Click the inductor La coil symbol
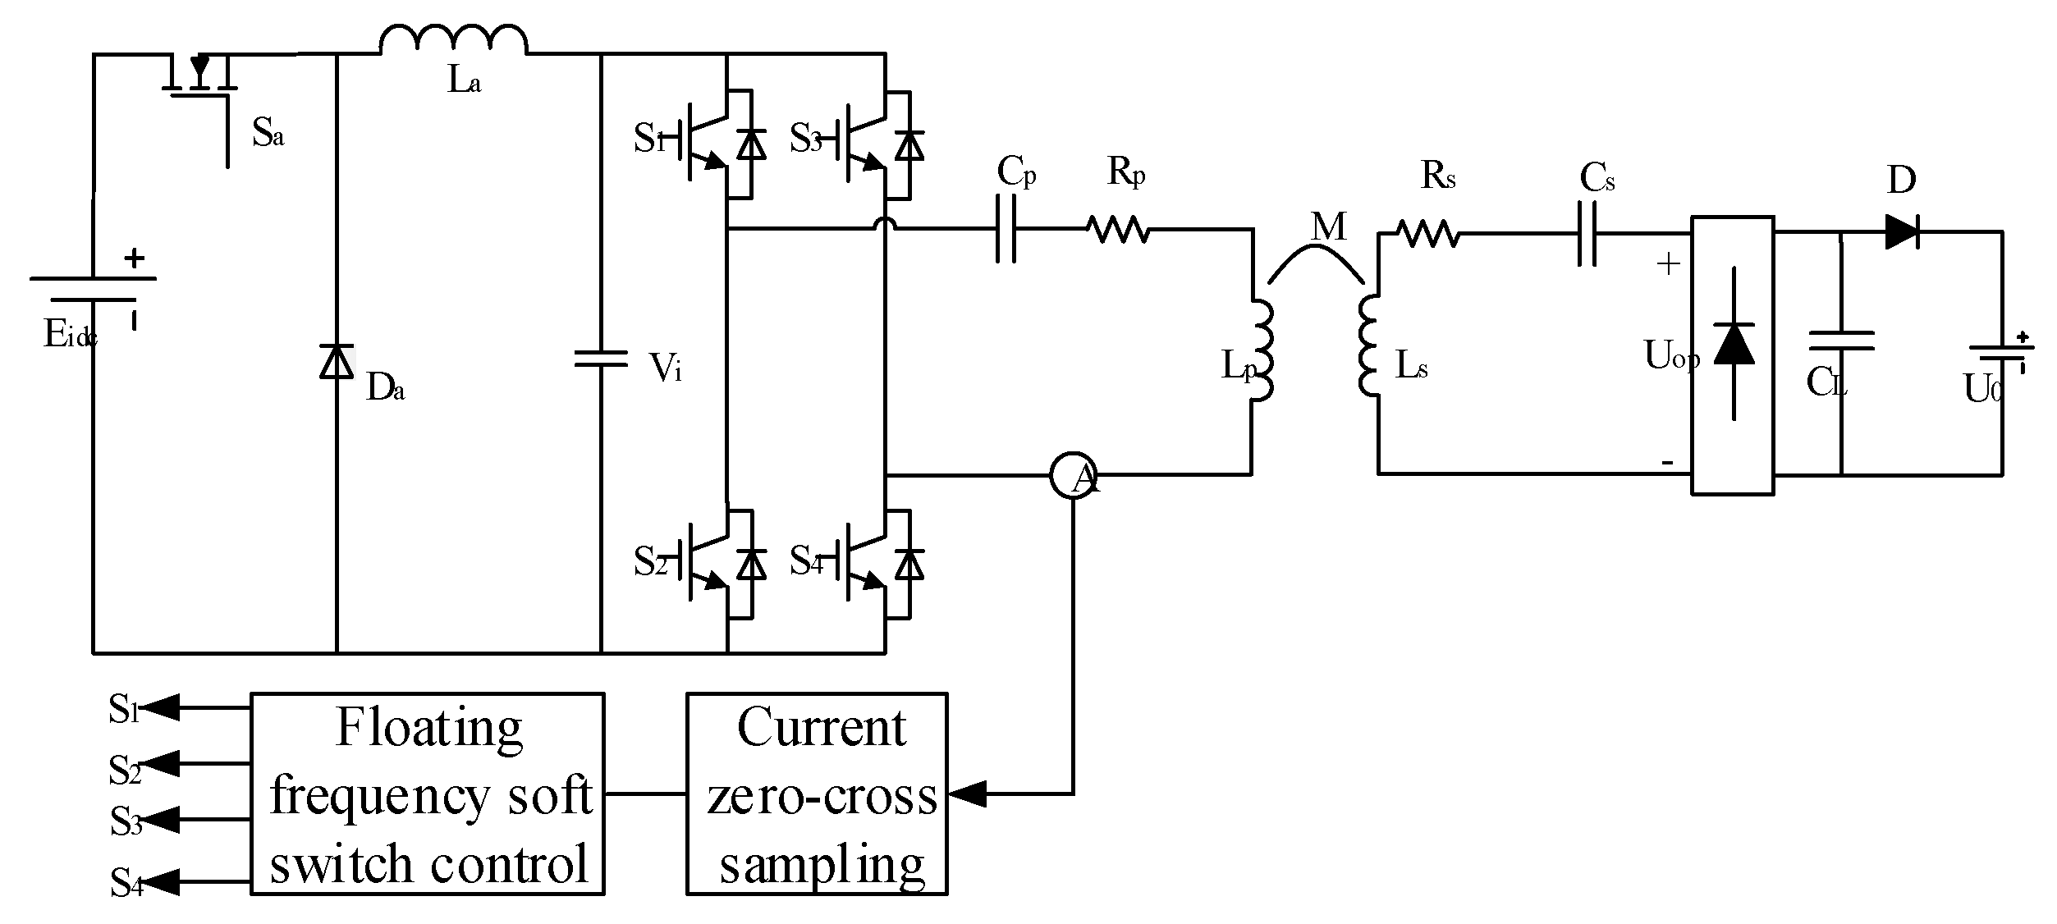pyautogui.click(x=453, y=41)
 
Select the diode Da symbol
pyautogui.click(x=337, y=362)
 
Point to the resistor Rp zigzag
pyautogui.click(x=1118, y=229)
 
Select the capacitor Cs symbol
pyautogui.click(x=1587, y=235)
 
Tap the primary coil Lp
pyautogui.click(x=1262, y=351)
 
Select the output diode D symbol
pyautogui.click(x=1901, y=232)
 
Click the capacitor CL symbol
pyautogui.click(x=1841, y=341)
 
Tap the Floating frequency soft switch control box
pyautogui.click(x=427, y=794)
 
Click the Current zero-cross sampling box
pyautogui.click(x=817, y=794)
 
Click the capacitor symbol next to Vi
pyautogui.click(x=601, y=358)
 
